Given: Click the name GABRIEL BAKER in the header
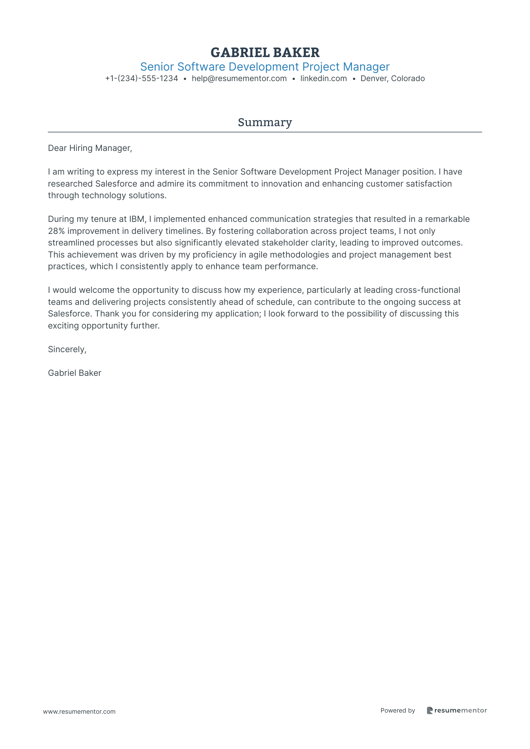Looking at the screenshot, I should [x=265, y=53].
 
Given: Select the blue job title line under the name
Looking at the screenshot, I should [x=265, y=67].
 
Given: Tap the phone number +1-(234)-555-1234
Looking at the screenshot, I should [x=142, y=79].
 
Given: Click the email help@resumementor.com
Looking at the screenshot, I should [x=239, y=79].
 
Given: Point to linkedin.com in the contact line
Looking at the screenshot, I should [x=323, y=79].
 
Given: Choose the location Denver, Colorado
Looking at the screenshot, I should [x=392, y=79].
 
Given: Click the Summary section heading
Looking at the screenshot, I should [x=265, y=122].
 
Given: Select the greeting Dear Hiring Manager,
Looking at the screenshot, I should [x=90, y=148].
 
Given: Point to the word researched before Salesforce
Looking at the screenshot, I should [x=70, y=184].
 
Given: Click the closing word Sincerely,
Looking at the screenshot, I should [x=67, y=350].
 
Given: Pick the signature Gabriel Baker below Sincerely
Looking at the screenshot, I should [x=75, y=373].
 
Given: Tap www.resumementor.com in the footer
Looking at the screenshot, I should [x=79, y=712].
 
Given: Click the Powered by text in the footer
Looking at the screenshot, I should [x=398, y=711].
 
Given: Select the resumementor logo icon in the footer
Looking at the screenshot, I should [x=430, y=710].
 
